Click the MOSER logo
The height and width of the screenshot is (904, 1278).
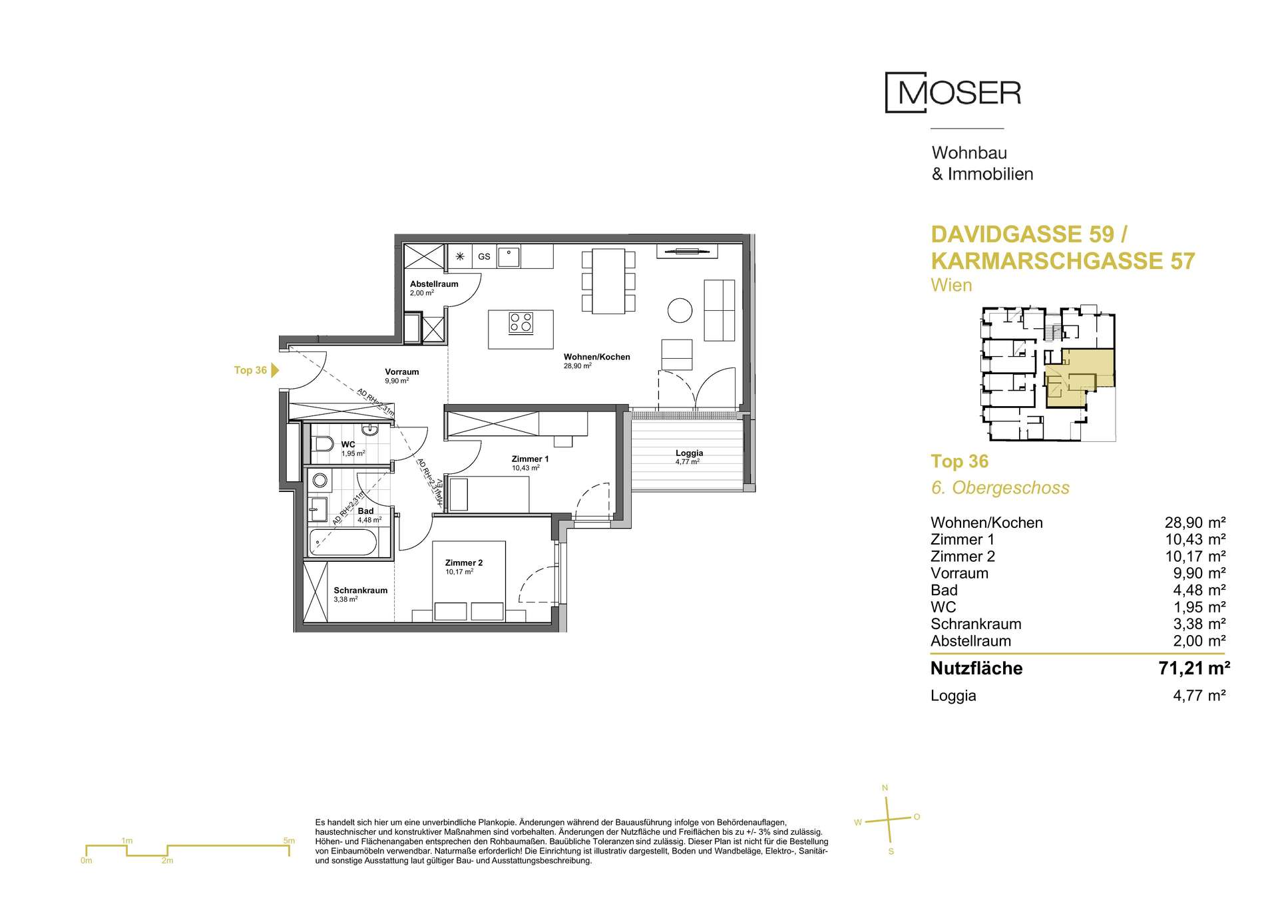(x=953, y=93)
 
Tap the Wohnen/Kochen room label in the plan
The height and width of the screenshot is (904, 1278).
(x=596, y=357)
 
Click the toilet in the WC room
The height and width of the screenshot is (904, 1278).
(x=323, y=445)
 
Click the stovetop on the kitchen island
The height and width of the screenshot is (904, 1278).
(x=521, y=323)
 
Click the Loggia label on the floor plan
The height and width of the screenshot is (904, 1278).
(x=689, y=453)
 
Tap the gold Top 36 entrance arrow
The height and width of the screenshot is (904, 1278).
(x=276, y=370)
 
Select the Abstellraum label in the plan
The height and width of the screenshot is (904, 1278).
(x=434, y=284)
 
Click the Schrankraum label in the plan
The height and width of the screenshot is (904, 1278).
(x=360, y=590)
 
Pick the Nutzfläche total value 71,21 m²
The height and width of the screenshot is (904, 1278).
(x=1194, y=668)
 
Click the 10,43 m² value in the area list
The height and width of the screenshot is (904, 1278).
(x=1195, y=539)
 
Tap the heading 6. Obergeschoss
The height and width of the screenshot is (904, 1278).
(x=1000, y=488)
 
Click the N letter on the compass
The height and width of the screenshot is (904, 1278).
(x=885, y=788)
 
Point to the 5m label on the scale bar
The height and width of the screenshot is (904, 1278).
(x=289, y=841)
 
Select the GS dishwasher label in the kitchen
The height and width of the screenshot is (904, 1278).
(x=484, y=256)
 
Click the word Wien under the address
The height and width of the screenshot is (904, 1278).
(x=952, y=286)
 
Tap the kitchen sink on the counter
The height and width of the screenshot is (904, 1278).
(x=509, y=256)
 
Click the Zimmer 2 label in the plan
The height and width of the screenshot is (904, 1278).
(x=464, y=563)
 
